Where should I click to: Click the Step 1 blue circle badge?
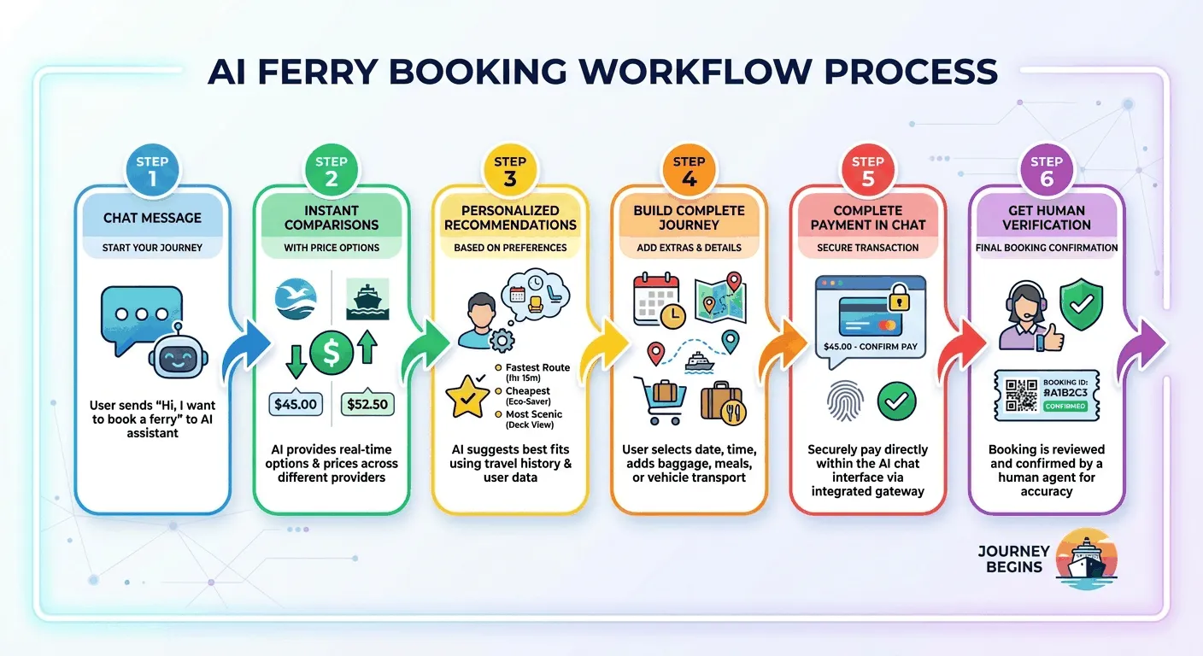pos(152,170)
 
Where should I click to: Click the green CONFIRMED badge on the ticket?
pos(1065,406)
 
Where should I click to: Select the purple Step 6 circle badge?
pos(1047,170)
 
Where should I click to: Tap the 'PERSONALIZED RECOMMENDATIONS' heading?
pos(510,218)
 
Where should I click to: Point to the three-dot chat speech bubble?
pos(141,313)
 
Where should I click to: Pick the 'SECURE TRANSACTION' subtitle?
pos(867,248)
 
